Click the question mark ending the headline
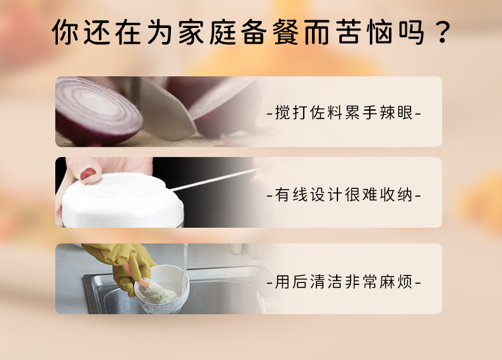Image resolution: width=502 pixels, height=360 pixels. click(443, 32)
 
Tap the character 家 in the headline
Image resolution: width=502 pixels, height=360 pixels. click(191, 32)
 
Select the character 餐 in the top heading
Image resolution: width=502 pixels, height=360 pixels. click(285, 32)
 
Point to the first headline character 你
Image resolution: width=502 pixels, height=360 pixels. click(65, 32)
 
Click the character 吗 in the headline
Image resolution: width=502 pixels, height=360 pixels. click(412, 32)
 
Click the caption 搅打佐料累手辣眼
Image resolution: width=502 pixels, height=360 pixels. click(344, 113)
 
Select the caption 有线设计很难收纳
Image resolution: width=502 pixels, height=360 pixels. click(344, 195)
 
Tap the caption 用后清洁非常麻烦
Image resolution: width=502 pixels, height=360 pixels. click(344, 282)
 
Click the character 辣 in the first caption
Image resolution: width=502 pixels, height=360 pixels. click(387, 113)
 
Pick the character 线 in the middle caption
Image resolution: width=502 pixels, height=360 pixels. click(300, 195)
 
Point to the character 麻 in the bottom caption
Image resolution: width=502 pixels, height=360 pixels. click(387, 282)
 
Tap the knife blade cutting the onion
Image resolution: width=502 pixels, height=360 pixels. click(166, 111)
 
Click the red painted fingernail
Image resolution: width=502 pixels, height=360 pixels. click(88, 174)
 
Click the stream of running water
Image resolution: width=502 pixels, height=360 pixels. click(185, 269)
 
